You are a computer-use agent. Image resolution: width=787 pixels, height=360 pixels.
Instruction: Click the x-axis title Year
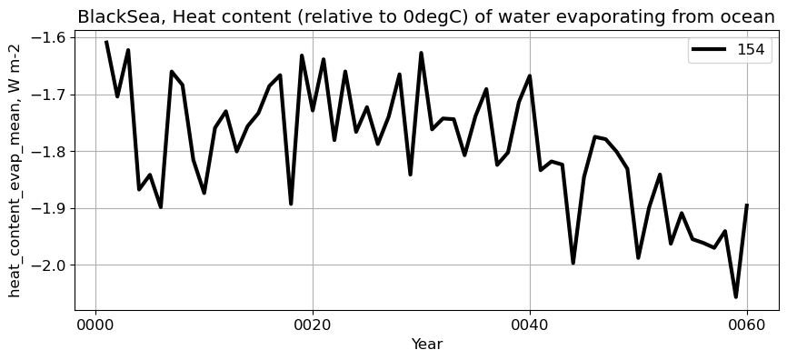[427, 345]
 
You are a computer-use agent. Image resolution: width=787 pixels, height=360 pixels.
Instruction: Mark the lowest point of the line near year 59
[736, 296]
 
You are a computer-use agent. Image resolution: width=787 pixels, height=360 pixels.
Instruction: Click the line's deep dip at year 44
[573, 263]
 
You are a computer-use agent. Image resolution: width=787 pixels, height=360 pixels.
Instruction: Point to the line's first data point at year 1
[106, 42]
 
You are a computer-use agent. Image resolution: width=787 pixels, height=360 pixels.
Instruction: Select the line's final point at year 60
[747, 205]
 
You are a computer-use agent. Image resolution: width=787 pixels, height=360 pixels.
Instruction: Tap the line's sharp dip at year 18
[291, 203]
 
